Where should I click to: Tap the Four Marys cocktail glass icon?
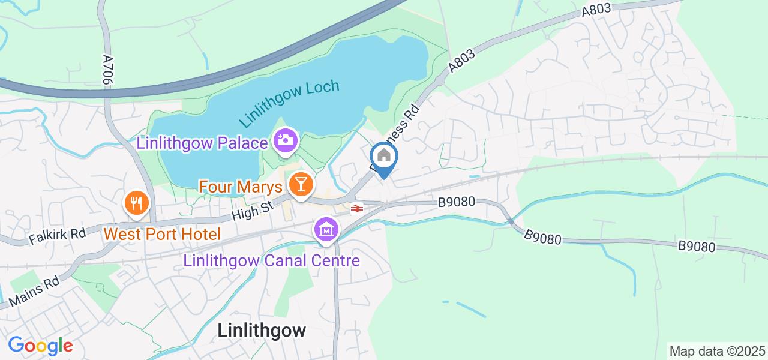[299, 184]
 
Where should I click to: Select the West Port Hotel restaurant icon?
[137, 202]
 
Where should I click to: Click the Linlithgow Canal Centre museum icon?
[326, 229]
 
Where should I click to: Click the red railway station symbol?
[356, 209]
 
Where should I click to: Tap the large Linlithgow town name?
[262, 330]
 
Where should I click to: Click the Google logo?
[40, 346]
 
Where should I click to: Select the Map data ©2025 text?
[717, 351]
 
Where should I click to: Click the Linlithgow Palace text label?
[202, 143]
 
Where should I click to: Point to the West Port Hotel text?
[163, 233]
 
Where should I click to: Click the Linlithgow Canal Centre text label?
[272, 260]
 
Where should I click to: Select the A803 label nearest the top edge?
[596, 10]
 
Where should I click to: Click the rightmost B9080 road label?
[697, 246]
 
